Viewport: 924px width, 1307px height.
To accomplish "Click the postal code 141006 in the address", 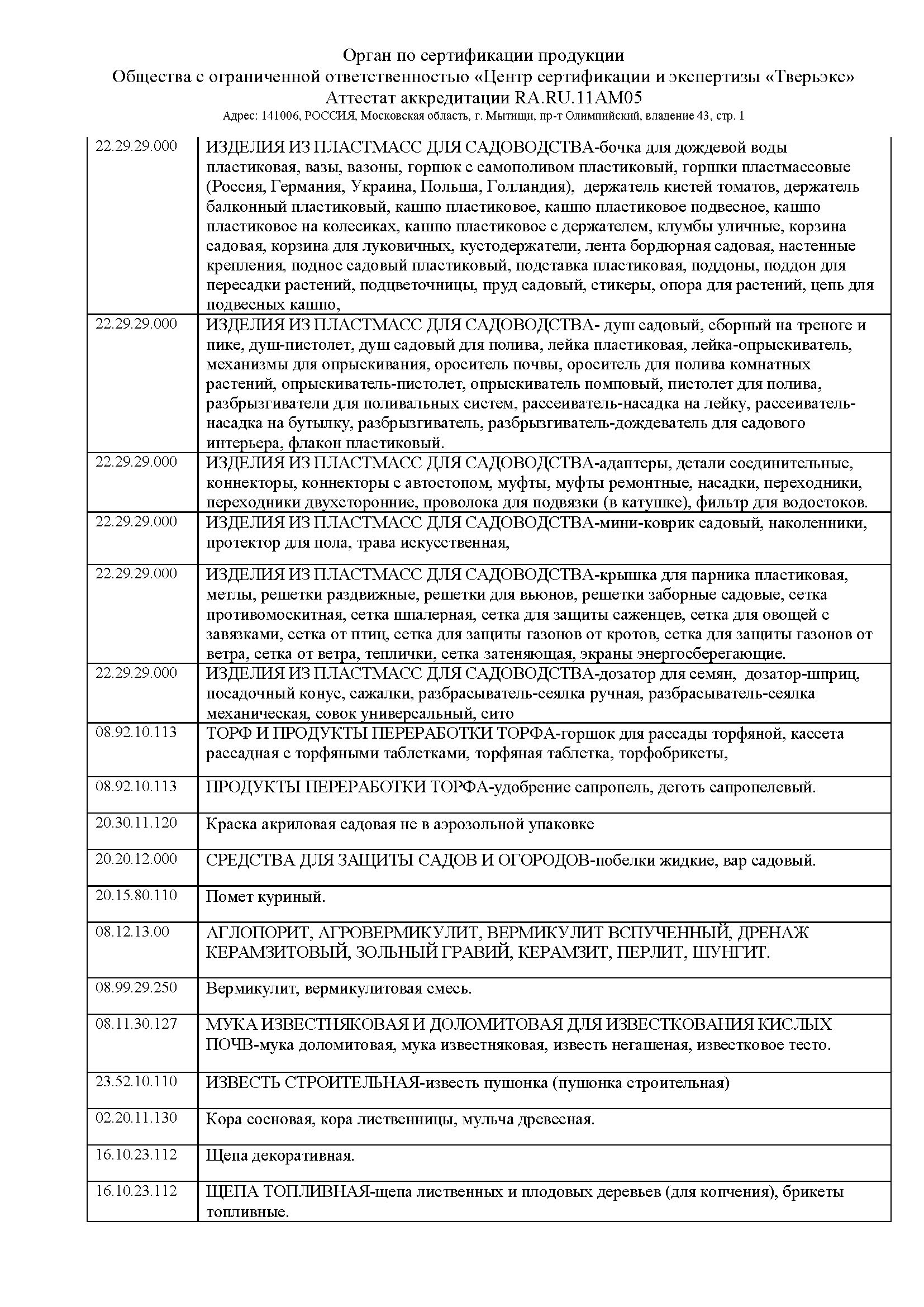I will pos(274,116).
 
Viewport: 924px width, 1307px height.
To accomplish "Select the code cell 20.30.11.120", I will pos(136,823).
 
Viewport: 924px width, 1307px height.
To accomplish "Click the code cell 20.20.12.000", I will pos(136,859).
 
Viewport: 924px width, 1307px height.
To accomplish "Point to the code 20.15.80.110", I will pos(136,895).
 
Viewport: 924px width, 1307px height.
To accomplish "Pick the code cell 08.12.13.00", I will pos(132,932).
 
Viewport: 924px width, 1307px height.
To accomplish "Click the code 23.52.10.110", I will pos(136,1082).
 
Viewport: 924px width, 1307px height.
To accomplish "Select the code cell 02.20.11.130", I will pos(136,1118).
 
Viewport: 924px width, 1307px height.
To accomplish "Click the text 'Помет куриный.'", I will pos(266,898).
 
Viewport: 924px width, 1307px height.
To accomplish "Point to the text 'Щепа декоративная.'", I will pos(280,1156).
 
